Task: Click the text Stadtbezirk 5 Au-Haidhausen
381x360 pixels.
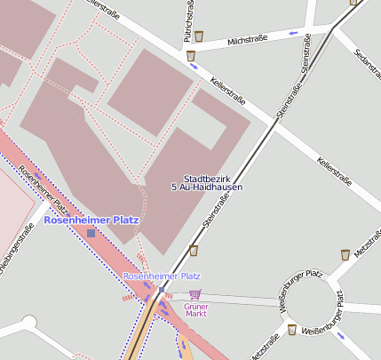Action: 206,183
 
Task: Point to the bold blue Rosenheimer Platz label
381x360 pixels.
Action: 91,220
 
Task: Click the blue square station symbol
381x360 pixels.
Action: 91,233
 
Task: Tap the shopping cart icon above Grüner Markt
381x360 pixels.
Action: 195,293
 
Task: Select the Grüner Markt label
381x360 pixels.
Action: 195,309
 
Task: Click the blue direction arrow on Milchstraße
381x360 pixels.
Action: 293,34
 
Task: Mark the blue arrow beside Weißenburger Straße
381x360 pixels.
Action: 342,336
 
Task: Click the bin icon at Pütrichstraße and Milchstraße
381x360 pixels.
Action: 200,36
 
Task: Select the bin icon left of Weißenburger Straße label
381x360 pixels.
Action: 291,330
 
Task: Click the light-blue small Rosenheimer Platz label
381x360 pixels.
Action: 162,276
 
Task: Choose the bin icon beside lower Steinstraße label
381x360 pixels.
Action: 194,251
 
